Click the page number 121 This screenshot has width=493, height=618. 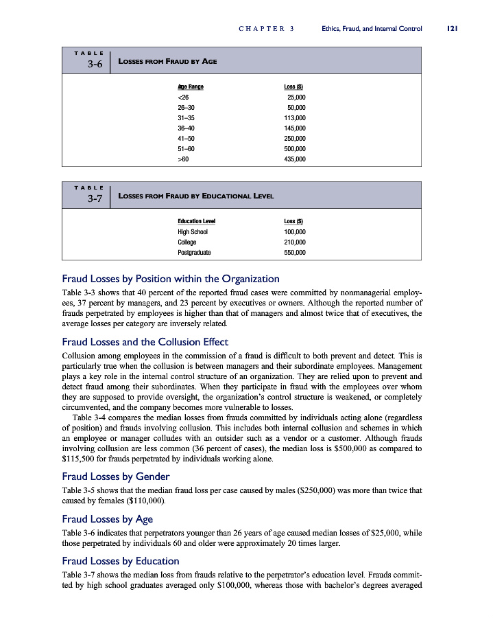coord(452,29)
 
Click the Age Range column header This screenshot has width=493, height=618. coord(190,87)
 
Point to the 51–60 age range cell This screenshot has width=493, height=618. coord(186,148)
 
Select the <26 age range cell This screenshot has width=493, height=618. coord(183,97)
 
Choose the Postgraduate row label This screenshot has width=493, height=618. coord(194,252)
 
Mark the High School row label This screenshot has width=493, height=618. coord(192,231)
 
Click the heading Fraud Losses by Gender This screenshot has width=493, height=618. coord(115,476)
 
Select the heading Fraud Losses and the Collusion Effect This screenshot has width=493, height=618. coord(145,341)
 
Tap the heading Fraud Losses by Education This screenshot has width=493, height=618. coord(121,561)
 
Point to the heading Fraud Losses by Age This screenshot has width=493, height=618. coord(107,518)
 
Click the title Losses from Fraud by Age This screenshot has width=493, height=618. coord(168,61)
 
